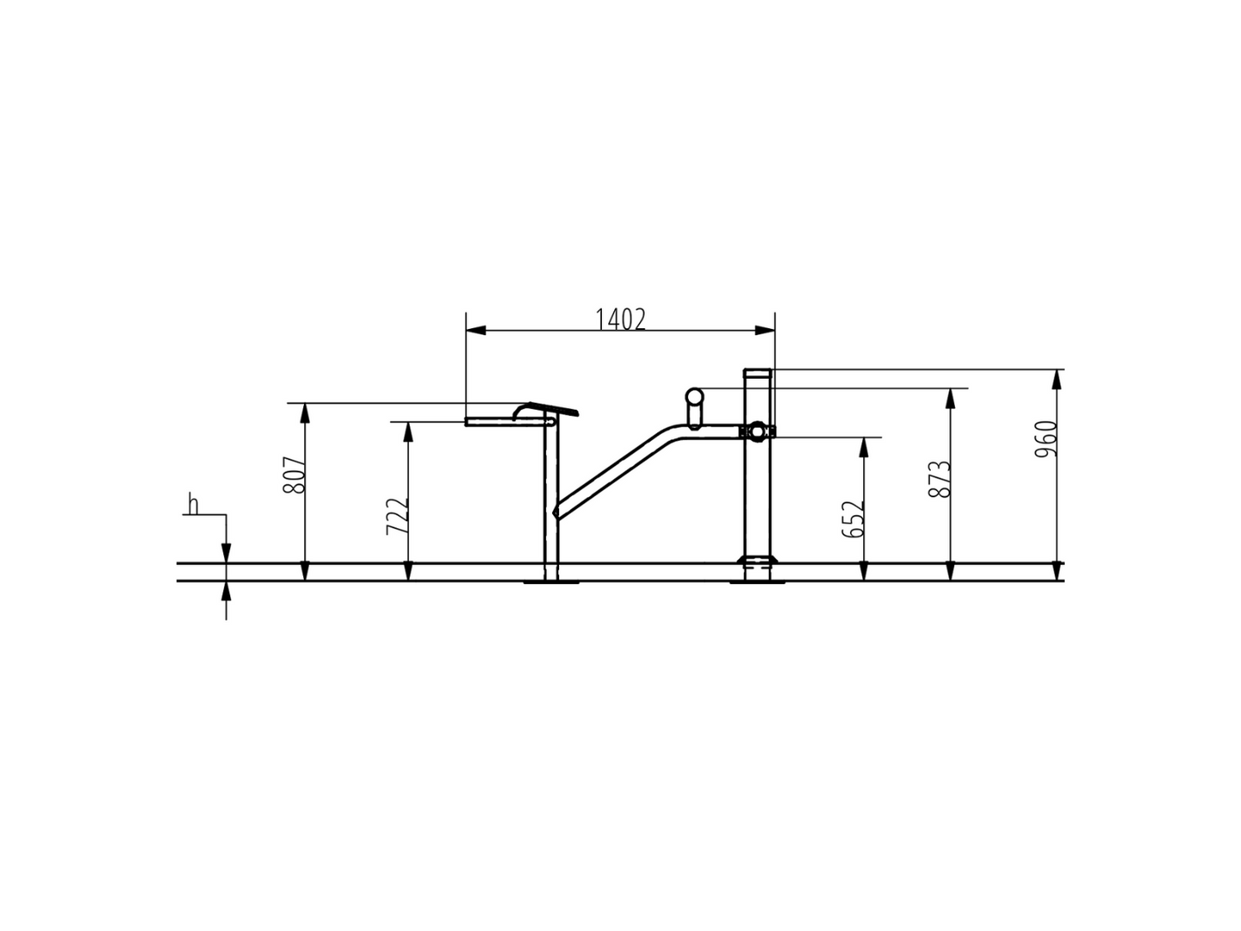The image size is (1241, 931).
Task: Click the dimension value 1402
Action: pyautogui.click(x=620, y=320)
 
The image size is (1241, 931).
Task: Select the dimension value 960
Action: pyautogui.click(x=1045, y=439)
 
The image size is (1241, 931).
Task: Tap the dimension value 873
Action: pyautogui.click(x=940, y=478)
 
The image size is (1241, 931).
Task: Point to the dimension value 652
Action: pyautogui.click(x=853, y=520)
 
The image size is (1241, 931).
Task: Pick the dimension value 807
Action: pyautogui.click(x=294, y=475)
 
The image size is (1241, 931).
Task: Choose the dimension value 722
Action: pyautogui.click(x=397, y=516)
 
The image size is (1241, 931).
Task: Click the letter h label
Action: pyautogui.click(x=193, y=504)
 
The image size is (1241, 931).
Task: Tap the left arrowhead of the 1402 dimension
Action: pyautogui.click(x=476, y=330)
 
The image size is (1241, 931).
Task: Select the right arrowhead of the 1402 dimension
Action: pyautogui.click(x=765, y=330)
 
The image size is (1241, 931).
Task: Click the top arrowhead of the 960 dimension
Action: pyautogui.click(x=1056, y=380)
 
